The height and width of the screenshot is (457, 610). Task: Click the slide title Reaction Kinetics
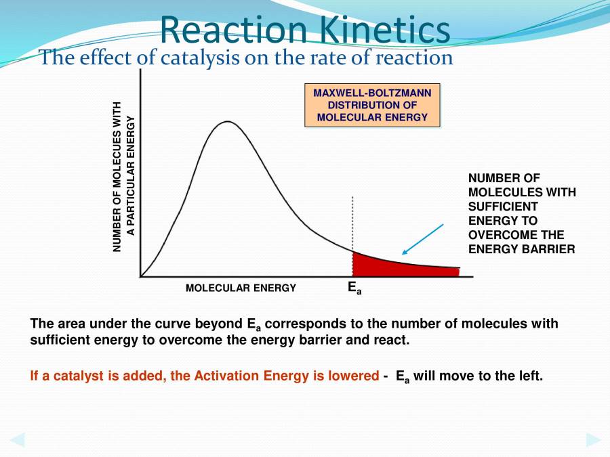pyautogui.click(x=305, y=30)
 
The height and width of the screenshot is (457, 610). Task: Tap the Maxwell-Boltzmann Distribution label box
pyautogui.click(x=372, y=105)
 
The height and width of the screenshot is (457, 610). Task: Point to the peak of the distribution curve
pyautogui.click(x=228, y=122)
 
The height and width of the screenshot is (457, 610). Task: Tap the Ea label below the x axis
pyautogui.click(x=354, y=288)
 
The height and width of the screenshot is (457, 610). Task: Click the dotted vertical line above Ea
pyautogui.click(x=352, y=223)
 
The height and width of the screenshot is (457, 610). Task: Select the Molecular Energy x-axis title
pyautogui.click(x=241, y=288)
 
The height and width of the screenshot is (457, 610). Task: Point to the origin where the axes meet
pyautogui.click(x=140, y=276)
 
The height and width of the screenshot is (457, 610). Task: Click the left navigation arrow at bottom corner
pyautogui.click(x=17, y=439)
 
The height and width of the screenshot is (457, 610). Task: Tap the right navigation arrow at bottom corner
pyautogui.click(x=593, y=439)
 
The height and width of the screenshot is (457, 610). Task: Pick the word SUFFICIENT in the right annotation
pyautogui.click(x=503, y=206)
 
